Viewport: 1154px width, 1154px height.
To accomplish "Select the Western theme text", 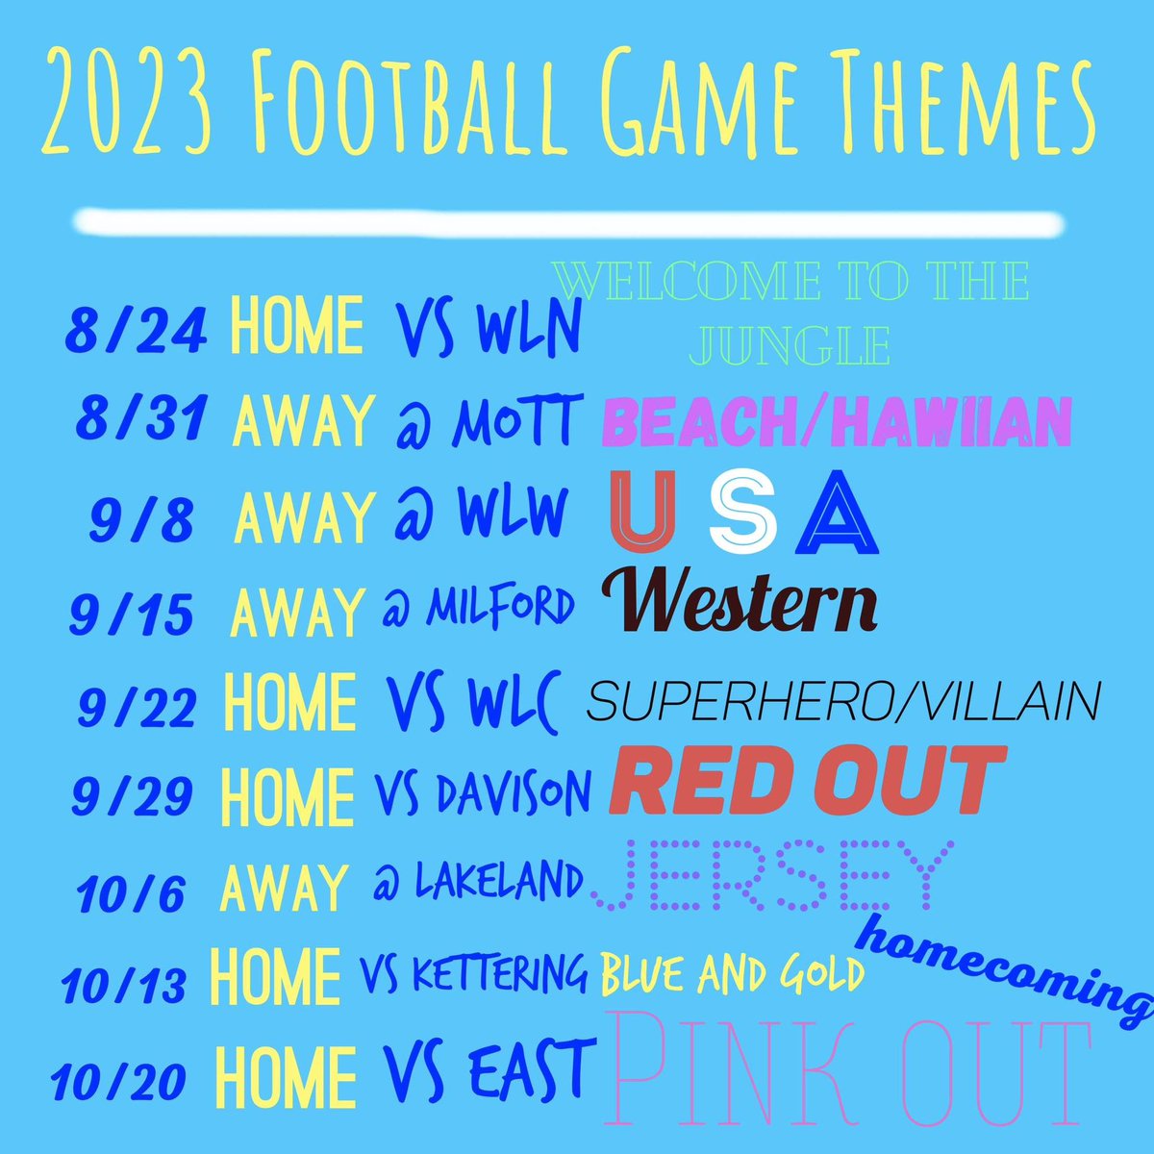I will pos(740,602).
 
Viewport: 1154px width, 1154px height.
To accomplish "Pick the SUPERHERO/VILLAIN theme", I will pos(842,703).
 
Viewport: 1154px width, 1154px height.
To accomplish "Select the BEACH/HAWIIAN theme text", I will pos(837,421).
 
